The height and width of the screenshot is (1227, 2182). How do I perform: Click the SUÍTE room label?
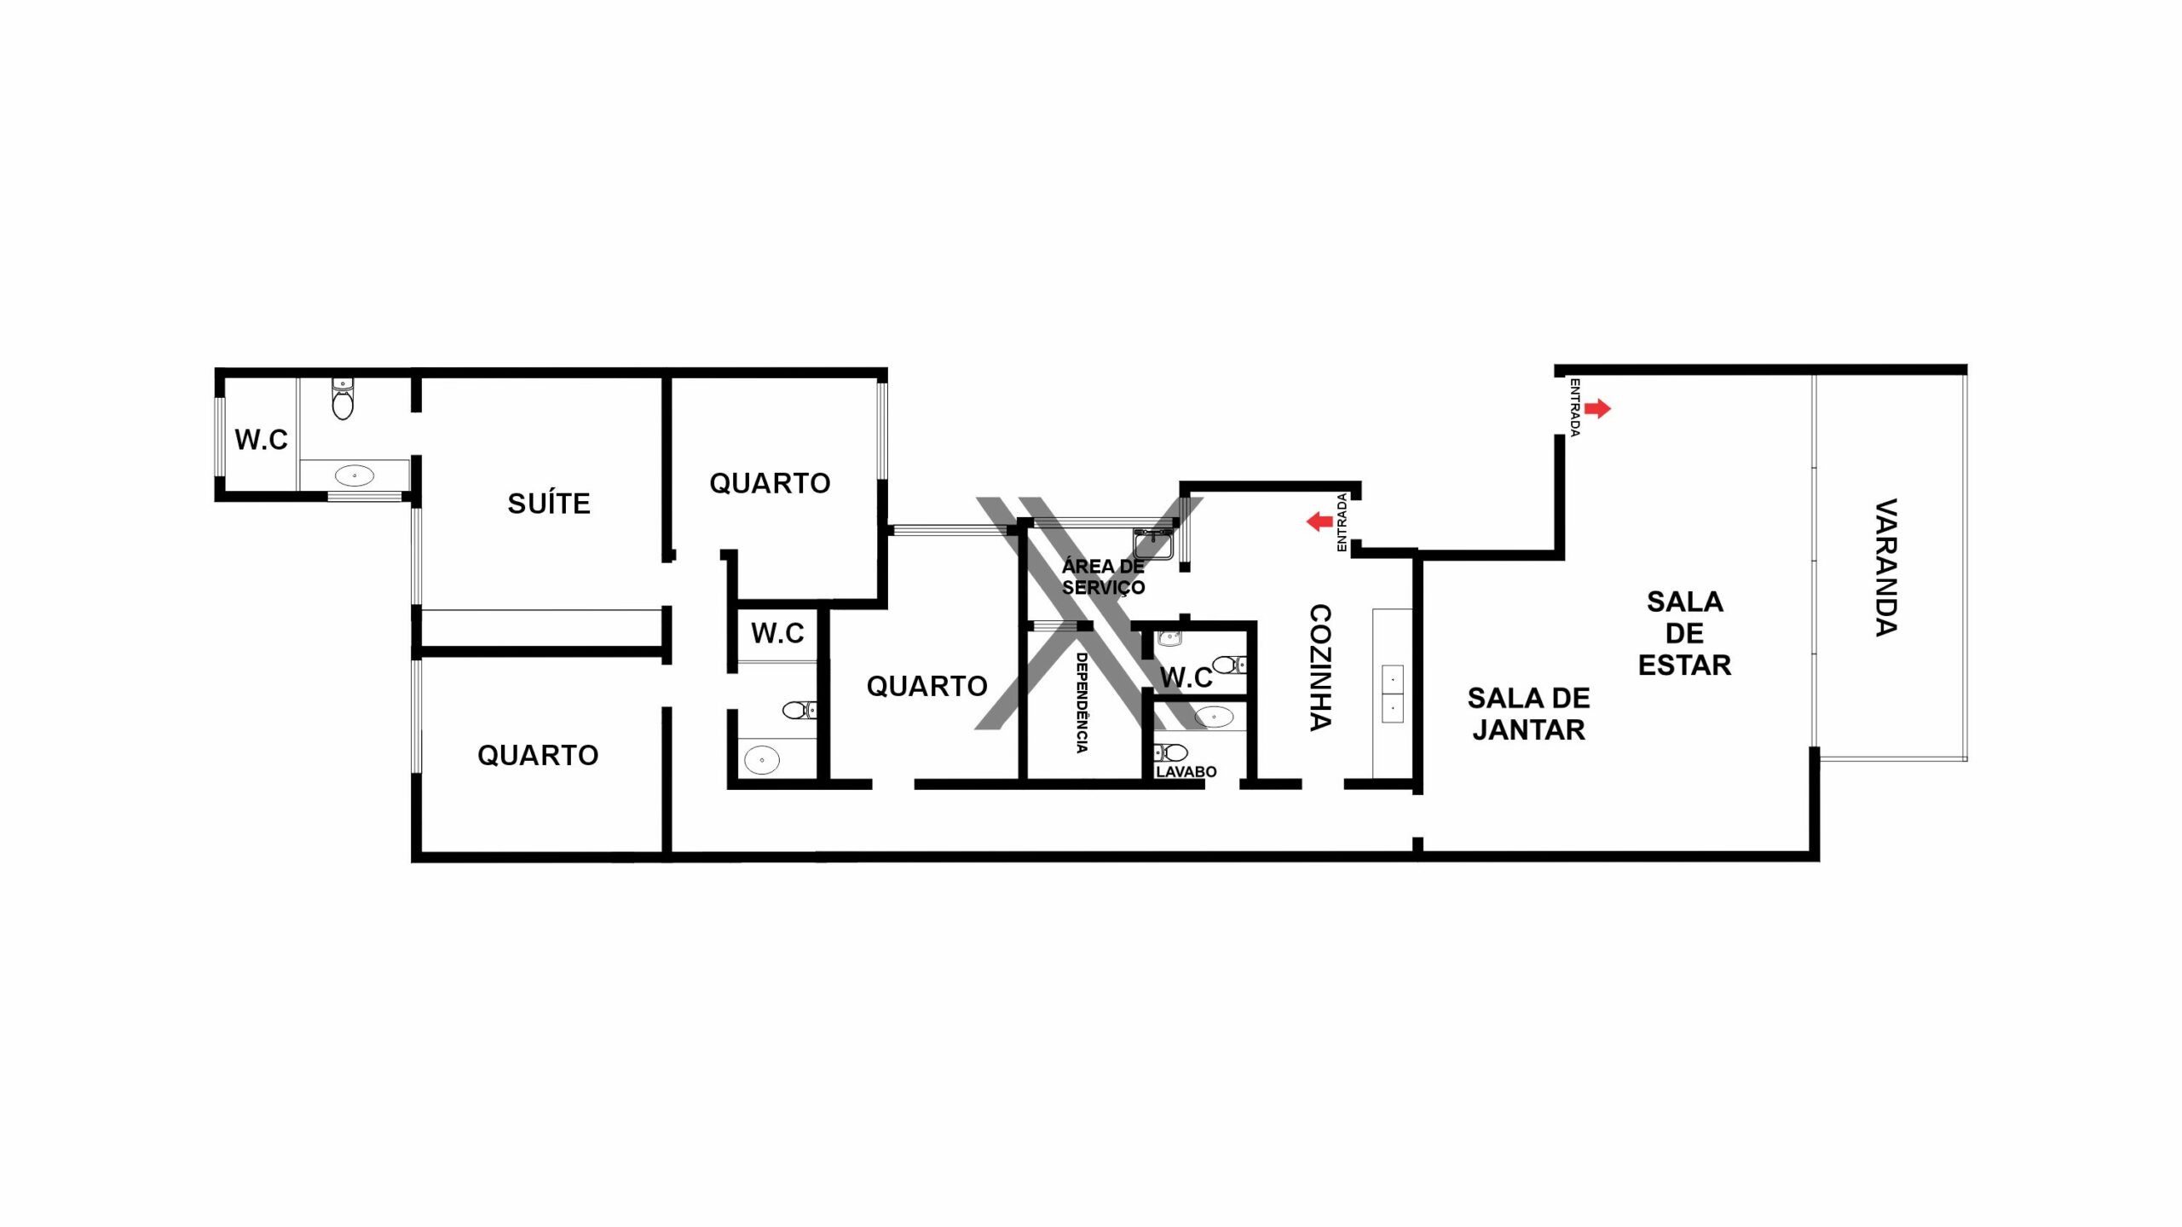[x=549, y=504]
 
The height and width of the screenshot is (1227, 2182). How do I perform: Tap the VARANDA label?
[x=1886, y=567]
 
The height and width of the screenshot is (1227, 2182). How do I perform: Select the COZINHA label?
[x=1320, y=667]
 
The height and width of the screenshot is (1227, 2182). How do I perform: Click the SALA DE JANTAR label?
[x=1528, y=714]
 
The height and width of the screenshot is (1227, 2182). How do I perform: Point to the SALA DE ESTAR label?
[x=1684, y=633]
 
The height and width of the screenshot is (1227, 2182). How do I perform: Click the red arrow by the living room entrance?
[x=1598, y=409]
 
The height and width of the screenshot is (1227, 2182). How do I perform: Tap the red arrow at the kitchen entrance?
[x=1320, y=521]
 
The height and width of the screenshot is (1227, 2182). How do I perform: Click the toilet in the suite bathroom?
[x=343, y=399]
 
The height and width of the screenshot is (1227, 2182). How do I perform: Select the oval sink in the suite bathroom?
[x=354, y=475]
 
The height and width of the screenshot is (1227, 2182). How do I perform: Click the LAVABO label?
[x=1186, y=772]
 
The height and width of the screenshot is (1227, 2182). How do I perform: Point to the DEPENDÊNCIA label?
[x=1082, y=703]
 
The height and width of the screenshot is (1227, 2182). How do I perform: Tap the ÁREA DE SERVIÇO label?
[x=1103, y=577]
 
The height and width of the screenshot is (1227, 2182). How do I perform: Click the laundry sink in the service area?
[x=1154, y=543]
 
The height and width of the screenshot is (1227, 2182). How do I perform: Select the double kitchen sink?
[x=1392, y=694]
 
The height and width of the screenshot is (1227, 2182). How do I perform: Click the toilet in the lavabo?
[x=1171, y=752]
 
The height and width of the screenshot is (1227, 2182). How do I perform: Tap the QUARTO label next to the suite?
[x=770, y=483]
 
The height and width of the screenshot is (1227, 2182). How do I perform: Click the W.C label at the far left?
[x=261, y=440]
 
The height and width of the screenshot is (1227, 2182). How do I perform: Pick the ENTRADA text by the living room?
[x=1575, y=408]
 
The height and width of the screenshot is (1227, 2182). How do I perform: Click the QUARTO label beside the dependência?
[x=926, y=686]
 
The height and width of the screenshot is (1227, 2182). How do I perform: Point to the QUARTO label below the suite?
[x=538, y=755]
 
